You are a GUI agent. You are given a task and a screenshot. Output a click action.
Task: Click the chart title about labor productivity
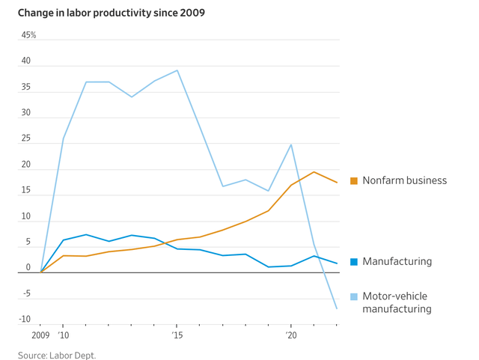pyautogui.click(x=112, y=13)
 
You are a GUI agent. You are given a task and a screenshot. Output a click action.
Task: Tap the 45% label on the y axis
pyautogui.click(x=28, y=35)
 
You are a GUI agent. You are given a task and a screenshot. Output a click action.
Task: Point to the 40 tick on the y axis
pyautogui.click(x=26, y=61)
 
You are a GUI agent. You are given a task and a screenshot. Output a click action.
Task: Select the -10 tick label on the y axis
pyautogui.click(x=25, y=320)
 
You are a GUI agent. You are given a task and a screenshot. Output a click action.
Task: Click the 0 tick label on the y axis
pyautogui.click(x=28, y=268)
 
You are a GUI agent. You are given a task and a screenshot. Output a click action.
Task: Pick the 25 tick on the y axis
pyautogui.click(x=26, y=138)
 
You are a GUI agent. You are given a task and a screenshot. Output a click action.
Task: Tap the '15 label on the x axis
pyautogui.click(x=177, y=336)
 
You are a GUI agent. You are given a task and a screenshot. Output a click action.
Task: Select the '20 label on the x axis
pyautogui.click(x=291, y=336)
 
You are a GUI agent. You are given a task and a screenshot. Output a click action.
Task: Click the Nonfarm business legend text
pyautogui.click(x=404, y=180)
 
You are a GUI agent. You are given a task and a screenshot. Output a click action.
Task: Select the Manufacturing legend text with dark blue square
pyautogui.click(x=397, y=262)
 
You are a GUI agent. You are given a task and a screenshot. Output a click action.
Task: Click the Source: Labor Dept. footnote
pyautogui.click(x=57, y=355)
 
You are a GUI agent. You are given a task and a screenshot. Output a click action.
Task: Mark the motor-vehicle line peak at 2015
pyautogui.click(x=177, y=70)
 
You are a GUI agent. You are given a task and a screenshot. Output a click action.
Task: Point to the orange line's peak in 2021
pyautogui.click(x=314, y=172)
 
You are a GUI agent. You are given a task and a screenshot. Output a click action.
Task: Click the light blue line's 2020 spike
pyautogui.click(x=291, y=144)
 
